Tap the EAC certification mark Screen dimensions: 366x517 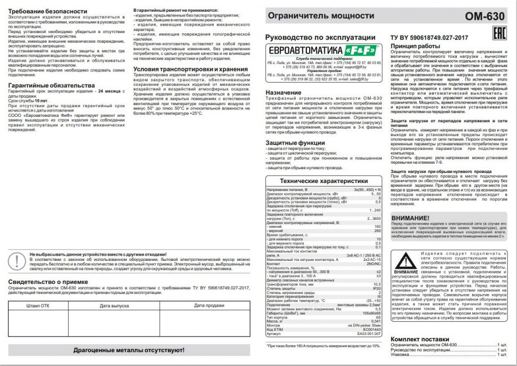coord(497,30)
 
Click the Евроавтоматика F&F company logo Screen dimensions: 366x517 coord(322,50)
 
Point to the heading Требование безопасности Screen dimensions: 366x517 coord(47,11)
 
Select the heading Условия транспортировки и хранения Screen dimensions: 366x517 coord(190,69)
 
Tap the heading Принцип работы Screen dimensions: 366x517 coord(415,46)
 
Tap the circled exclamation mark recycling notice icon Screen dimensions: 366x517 coord(17,260)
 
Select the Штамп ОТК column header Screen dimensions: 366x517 coord(38,306)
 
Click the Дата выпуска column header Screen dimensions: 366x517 coord(114,306)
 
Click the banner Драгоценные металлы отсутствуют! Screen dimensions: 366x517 coord(129,350)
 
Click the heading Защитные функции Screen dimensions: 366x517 coord(295,143)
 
